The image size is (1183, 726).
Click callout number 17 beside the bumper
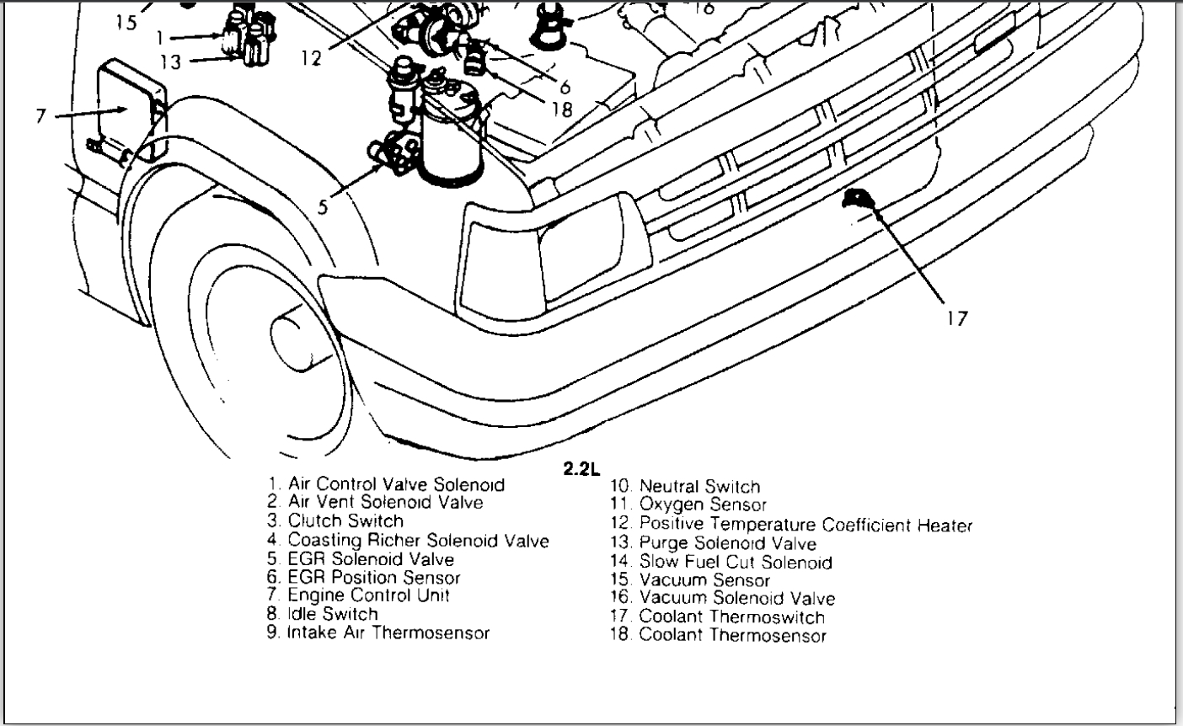coord(956,318)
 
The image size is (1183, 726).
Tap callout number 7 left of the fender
coord(41,115)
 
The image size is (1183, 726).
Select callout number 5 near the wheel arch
coord(324,206)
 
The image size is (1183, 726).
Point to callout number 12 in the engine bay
coord(310,57)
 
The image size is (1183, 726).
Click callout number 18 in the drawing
coord(563,109)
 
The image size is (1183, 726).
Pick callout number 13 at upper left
coord(170,61)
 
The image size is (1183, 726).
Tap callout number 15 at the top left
coord(126,23)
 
